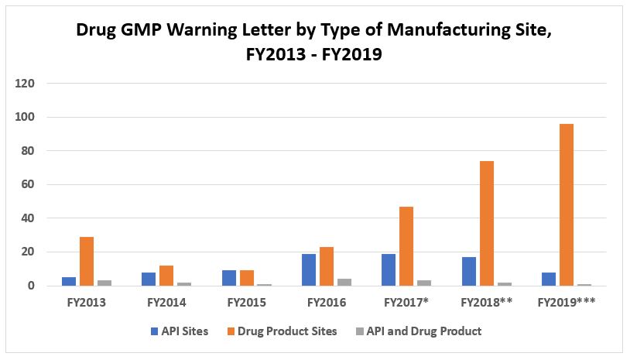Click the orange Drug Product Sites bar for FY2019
566,204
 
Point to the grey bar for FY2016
344,282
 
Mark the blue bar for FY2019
548,279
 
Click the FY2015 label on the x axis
245,301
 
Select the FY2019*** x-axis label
566,301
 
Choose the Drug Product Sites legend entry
286,331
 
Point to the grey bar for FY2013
104,283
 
